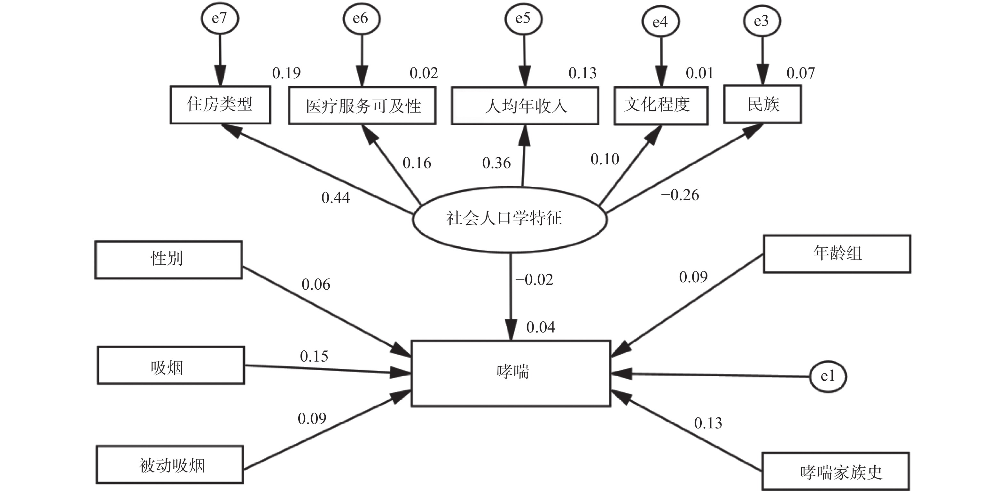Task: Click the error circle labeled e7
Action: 219,18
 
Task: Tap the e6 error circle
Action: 361,18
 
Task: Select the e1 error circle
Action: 828,376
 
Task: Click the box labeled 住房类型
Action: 220,105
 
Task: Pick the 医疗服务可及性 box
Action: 362,106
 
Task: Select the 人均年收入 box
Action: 525,106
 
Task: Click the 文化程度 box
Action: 661,105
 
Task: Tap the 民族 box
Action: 762,104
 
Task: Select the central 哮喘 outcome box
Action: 511,373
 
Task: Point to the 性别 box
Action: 168,260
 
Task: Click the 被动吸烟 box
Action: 170,465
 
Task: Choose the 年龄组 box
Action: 837,254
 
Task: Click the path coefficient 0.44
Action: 335,198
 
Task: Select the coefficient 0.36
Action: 496,163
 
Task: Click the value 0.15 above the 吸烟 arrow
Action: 314,356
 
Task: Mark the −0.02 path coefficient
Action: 534,280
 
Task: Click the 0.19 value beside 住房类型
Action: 286,73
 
